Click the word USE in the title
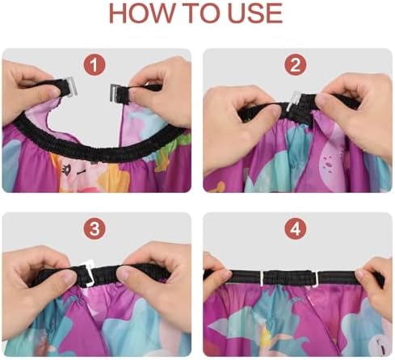coord(255,13)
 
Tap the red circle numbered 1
coord(95,65)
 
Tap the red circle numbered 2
coord(296,65)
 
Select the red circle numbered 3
coord(95,229)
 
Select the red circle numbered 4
coord(296,229)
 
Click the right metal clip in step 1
coord(114,93)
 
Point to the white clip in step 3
coord(87,272)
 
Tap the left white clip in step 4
coord(262,278)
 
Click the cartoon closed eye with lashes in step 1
coord(65,170)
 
